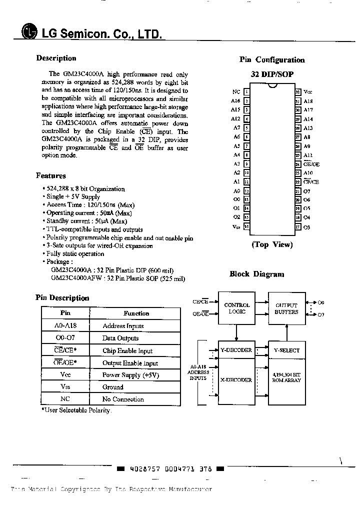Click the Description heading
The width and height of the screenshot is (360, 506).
tap(56, 58)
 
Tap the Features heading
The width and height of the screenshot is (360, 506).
tap(51, 175)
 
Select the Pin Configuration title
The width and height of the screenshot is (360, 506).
tap(272, 60)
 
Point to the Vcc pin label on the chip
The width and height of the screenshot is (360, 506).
tap(308, 92)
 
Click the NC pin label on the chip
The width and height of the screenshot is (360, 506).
tap(236, 92)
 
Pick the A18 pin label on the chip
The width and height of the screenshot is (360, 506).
tap(308, 101)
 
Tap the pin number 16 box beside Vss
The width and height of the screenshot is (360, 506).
tap(246, 226)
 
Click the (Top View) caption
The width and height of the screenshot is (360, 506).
tap(272, 244)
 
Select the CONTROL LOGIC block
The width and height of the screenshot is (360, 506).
tap(237, 308)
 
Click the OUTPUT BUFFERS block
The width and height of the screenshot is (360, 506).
tap(286, 308)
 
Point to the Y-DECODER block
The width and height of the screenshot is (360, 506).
tap(236, 350)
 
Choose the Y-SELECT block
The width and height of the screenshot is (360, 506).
tap(286, 350)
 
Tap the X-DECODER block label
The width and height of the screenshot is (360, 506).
tap(236, 380)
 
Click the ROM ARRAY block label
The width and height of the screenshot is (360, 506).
tap(286, 377)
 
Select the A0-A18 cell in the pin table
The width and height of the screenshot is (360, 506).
tap(65, 325)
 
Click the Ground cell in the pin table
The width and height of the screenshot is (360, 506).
tap(113, 387)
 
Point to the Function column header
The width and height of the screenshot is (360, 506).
tap(136, 313)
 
